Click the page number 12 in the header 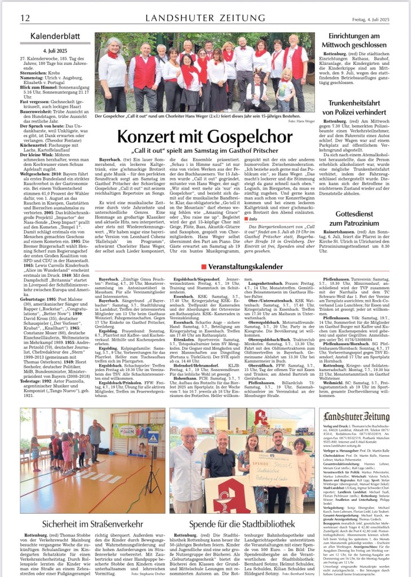coord(25,19)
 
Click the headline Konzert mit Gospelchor coord(204,137)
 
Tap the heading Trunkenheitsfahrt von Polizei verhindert coord(361,108)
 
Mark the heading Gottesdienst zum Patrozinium coord(361,219)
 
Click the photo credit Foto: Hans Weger coord(302,121)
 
